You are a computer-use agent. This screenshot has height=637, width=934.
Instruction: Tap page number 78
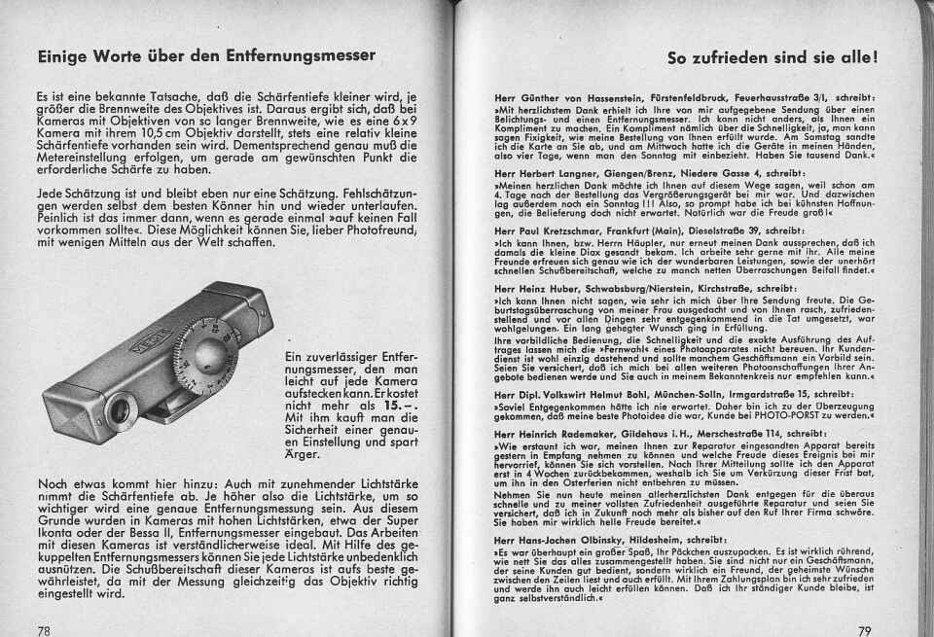coord(44,629)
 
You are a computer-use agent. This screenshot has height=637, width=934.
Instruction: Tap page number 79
coord(865,629)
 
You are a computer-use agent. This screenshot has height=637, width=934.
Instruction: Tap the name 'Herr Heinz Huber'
coord(530,288)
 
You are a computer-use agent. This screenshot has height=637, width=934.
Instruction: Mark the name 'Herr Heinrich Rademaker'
coord(547,431)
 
